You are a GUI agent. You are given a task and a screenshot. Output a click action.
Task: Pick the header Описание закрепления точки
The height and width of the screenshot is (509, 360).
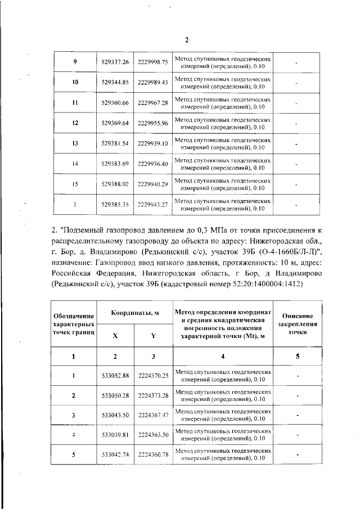[298, 325]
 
